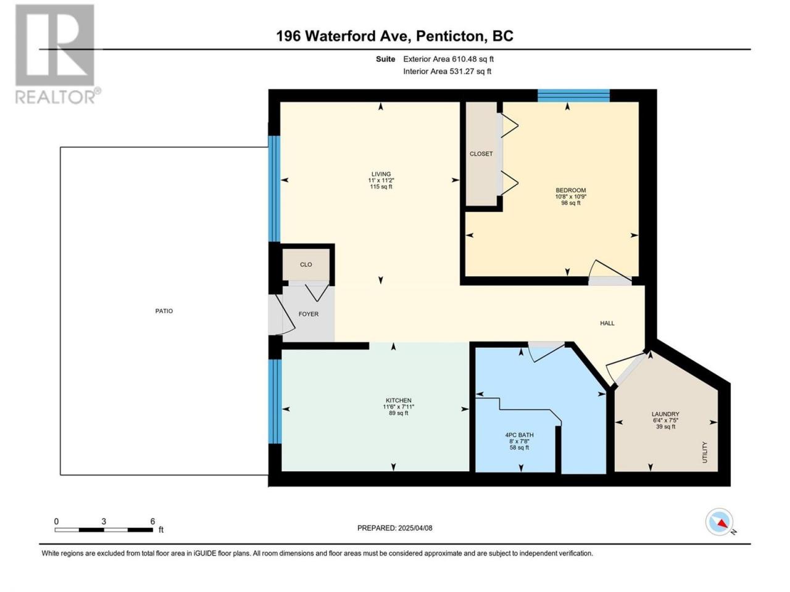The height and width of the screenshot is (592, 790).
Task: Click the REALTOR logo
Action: (57, 54)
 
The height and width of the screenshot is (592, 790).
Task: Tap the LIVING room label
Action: (381, 174)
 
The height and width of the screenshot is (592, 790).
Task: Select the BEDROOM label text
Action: (570, 190)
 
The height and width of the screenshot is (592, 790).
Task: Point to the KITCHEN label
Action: (399, 400)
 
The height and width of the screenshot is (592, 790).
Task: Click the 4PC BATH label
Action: (519, 435)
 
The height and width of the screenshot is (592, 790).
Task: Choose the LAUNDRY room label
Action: (665, 414)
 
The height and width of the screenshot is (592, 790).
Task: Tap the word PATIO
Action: (164, 311)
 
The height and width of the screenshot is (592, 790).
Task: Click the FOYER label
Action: (309, 314)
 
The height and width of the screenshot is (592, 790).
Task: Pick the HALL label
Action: (607, 323)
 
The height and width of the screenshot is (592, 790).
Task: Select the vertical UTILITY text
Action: (704, 452)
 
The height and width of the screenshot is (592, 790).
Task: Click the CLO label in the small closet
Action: (306, 265)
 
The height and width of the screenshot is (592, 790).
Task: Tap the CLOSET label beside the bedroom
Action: (481, 154)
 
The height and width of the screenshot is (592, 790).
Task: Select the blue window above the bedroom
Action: (573, 96)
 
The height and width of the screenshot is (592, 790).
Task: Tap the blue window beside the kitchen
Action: (275, 401)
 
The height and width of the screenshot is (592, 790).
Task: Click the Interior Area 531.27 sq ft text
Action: (447, 71)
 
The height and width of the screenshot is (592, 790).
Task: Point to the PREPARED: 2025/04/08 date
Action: (395, 528)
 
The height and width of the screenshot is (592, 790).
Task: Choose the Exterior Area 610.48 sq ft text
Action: (449, 59)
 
